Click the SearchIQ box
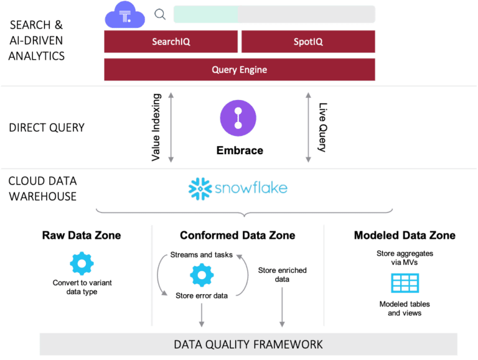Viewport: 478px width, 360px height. click(x=171, y=42)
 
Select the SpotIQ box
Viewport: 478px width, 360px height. click(x=308, y=42)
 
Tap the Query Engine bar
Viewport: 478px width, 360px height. click(x=240, y=70)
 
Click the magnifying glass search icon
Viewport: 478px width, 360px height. click(x=160, y=14)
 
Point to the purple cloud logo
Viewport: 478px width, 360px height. click(x=125, y=15)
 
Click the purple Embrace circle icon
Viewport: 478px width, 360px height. click(x=238, y=118)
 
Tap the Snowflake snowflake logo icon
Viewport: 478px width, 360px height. click(x=200, y=188)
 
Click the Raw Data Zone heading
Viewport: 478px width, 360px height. click(x=82, y=236)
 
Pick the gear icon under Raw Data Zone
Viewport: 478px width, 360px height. click(x=82, y=264)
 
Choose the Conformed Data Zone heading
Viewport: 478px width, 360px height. click(x=238, y=236)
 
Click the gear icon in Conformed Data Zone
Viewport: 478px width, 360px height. click(x=202, y=274)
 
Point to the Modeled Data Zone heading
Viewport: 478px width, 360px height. click(x=405, y=236)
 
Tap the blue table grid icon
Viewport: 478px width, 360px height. click(x=405, y=283)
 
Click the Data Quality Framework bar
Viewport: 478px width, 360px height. click(x=248, y=344)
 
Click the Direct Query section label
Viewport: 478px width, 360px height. click(x=47, y=128)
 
